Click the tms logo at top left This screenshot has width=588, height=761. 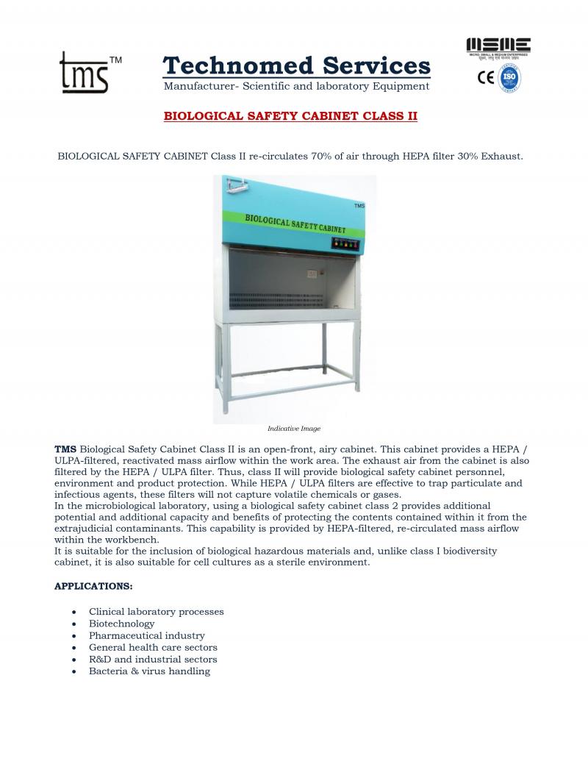[85, 72]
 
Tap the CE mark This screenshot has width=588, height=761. [486, 76]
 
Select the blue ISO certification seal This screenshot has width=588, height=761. [510, 77]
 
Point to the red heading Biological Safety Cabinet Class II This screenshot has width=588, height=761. [290, 116]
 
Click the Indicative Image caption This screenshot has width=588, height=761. [294, 428]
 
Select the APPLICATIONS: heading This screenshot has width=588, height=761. [93, 586]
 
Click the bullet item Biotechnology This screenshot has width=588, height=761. [121, 624]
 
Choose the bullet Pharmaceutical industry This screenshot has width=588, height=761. [146, 635]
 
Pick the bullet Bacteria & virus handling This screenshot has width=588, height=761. [149, 671]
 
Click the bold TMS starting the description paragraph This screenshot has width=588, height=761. [65, 449]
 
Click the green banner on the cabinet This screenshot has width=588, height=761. [294, 223]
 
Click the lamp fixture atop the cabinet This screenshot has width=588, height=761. [236, 184]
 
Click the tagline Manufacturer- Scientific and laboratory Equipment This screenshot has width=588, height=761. [296, 86]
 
